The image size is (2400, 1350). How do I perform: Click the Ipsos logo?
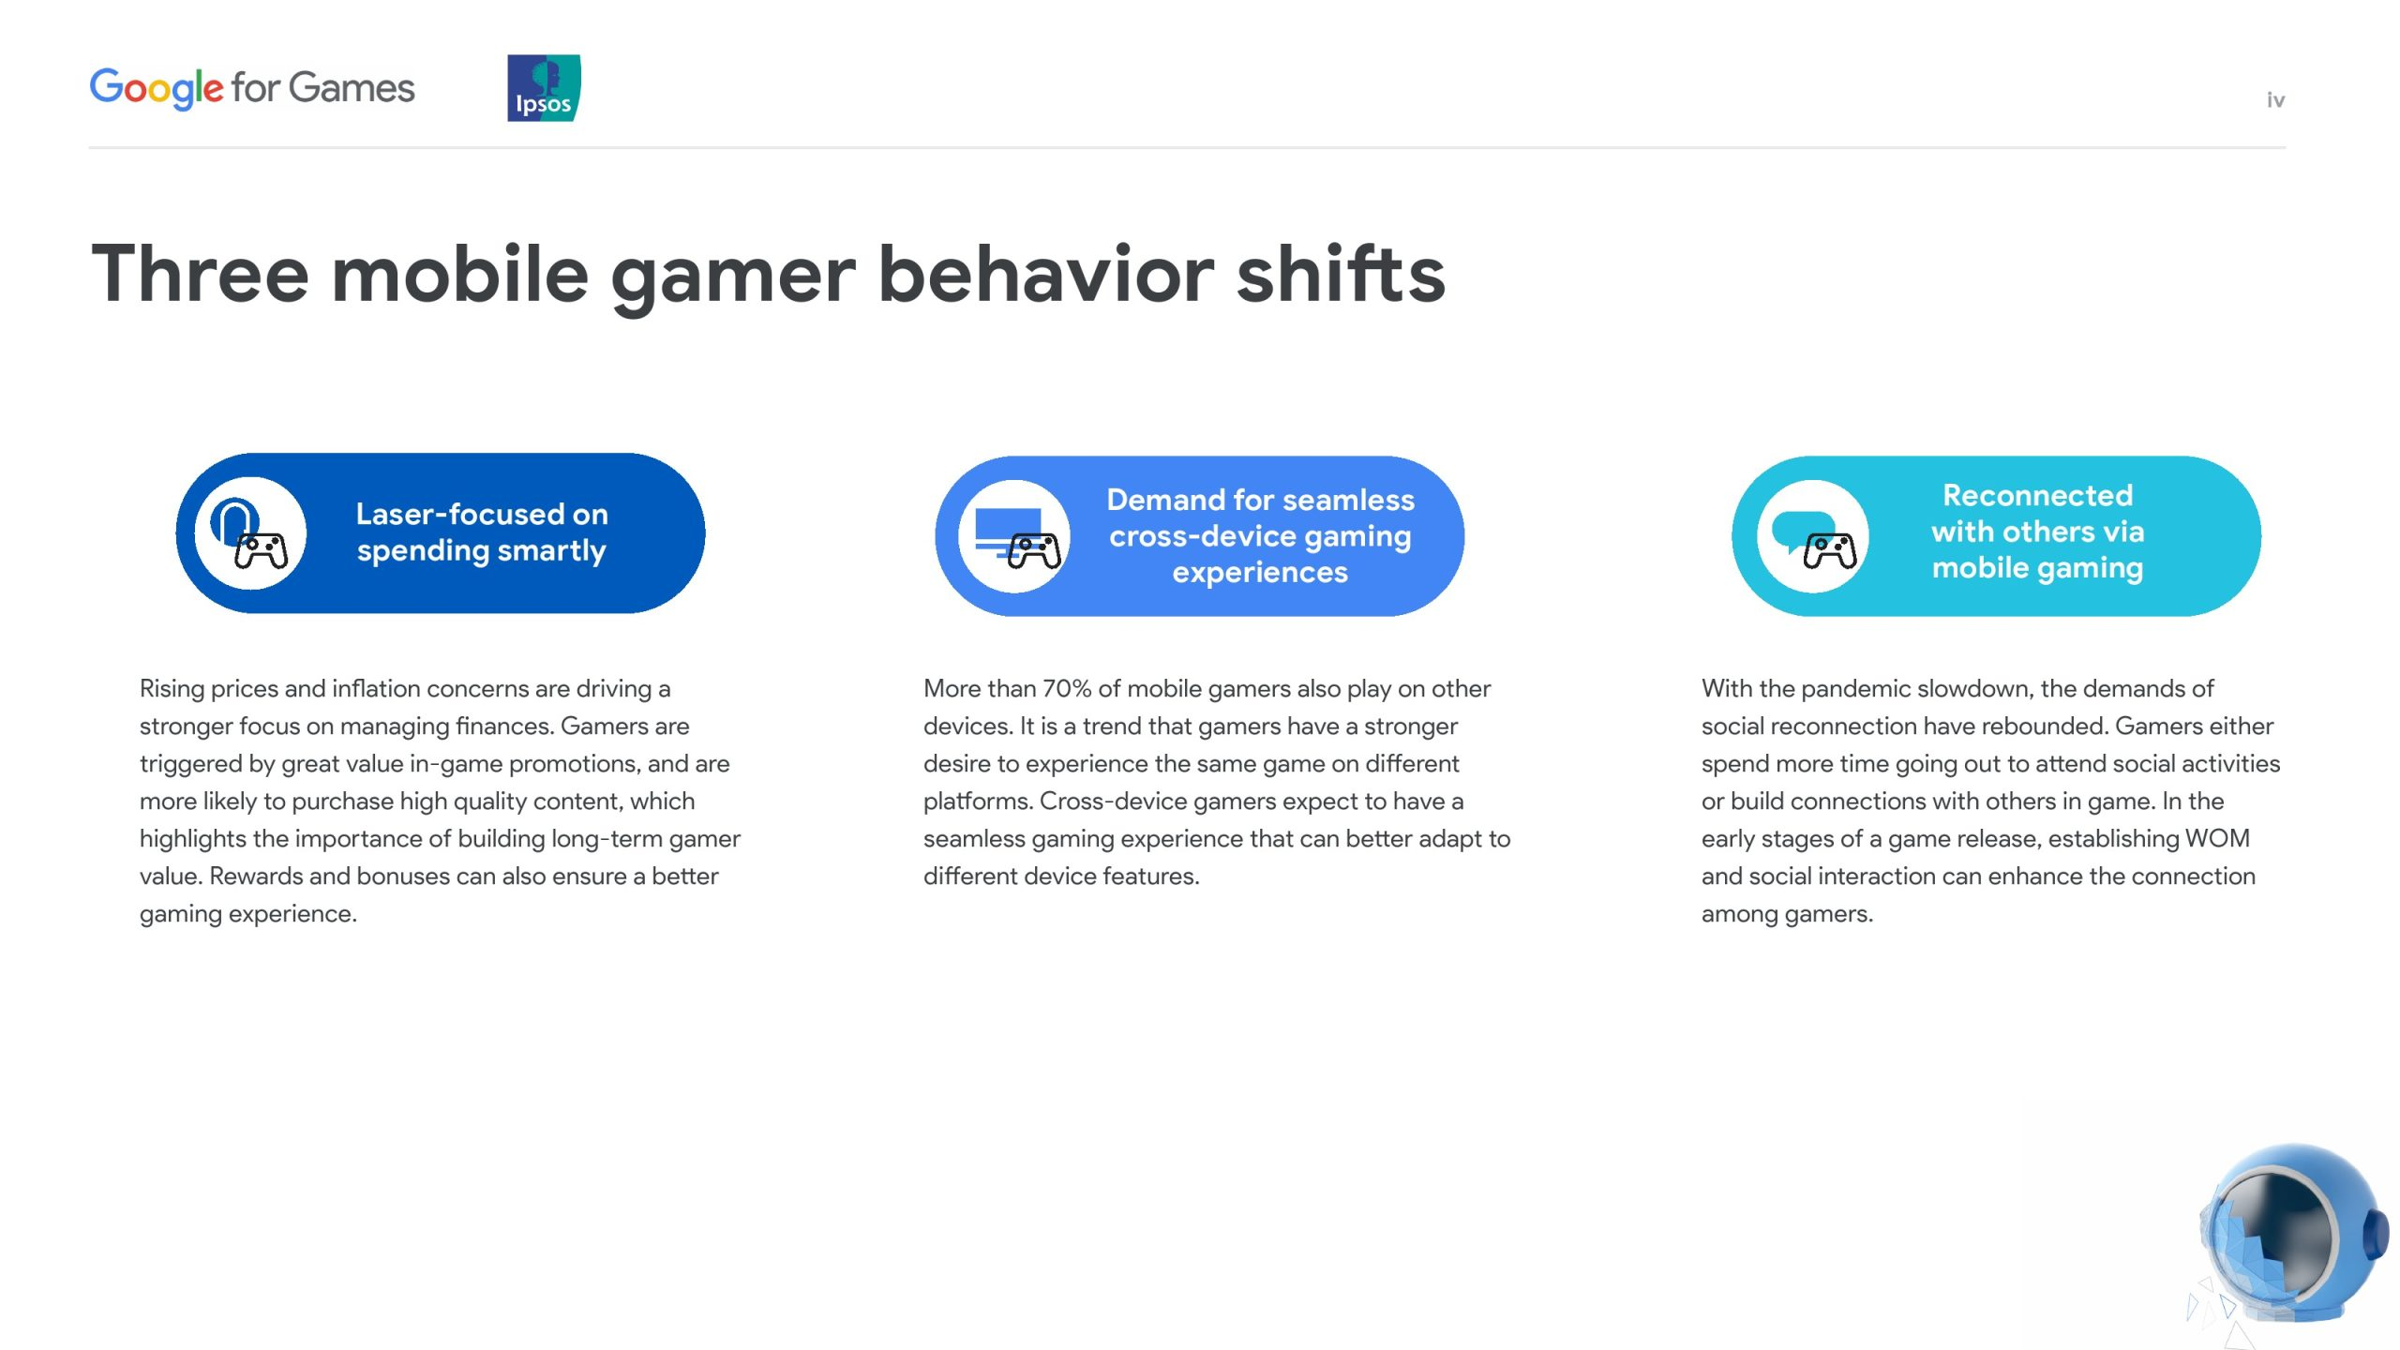pos(544,87)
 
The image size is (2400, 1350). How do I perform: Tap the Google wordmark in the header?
pos(157,89)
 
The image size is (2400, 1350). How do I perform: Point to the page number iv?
pos(2275,99)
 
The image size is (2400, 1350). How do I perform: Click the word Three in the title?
pos(200,274)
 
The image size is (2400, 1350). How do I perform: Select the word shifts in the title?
pos(1341,274)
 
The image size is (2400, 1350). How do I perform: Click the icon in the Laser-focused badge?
pos(249,533)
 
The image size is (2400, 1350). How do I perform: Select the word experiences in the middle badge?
pos(1260,572)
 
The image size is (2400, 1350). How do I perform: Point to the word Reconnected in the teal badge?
pos(2037,495)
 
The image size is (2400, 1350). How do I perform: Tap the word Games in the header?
pos(352,88)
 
